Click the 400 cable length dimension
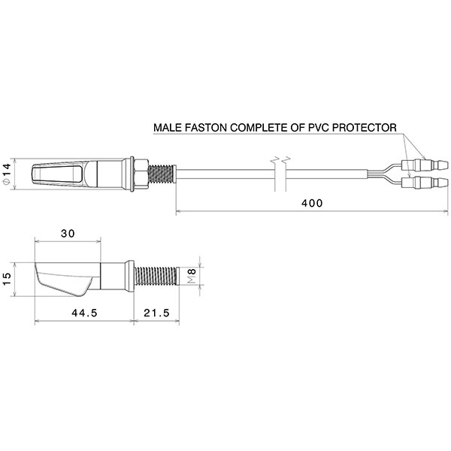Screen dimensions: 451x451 312,204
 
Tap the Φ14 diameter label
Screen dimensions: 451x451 7,174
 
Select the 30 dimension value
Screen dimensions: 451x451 68,233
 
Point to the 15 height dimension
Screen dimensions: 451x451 6,279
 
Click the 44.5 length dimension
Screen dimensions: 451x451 84,313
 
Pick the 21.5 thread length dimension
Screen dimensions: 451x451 157,313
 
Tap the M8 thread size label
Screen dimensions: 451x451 192,276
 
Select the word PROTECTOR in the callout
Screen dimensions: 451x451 364,128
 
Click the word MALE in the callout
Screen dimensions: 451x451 168,128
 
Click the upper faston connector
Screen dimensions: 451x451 425,165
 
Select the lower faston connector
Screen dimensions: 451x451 425,182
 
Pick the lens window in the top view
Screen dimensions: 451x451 57,174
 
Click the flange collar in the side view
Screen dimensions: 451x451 130,276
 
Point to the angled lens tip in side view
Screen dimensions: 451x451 64,280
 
